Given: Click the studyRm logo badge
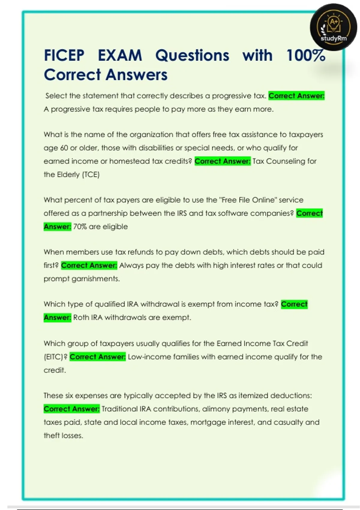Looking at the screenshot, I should point(334,27).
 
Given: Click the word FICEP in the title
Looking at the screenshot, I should point(64,55).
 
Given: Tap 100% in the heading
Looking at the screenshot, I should point(306,55).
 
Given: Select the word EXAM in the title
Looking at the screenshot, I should point(120,55).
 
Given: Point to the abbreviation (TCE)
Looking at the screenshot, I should point(91,175).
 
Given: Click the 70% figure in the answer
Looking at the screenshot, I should point(80,226).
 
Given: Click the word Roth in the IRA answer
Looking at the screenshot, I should point(81,317).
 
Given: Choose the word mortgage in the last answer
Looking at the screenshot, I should point(205,422).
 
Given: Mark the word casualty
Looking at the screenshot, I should point(288,422).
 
